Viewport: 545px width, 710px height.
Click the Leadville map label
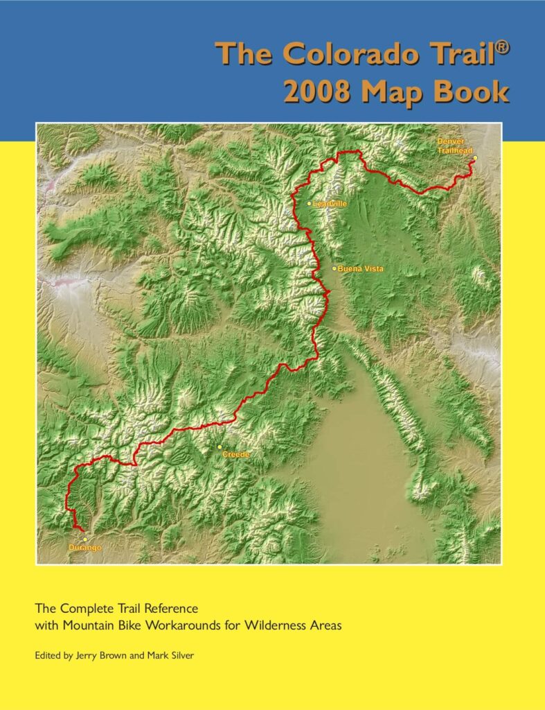(330, 204)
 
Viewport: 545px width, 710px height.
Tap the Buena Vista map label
(360, 268)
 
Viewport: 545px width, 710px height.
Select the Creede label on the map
(236, 454)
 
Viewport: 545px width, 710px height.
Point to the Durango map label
(85, 548)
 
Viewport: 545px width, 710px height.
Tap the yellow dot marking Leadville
(310, 204)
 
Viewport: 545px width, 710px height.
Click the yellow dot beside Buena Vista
(334, 268)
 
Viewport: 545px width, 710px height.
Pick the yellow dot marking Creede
(220, 448)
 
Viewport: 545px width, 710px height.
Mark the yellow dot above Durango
(84, 539)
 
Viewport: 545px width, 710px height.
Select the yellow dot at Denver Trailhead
(475, 158)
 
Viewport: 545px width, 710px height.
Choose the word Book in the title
(477, 92)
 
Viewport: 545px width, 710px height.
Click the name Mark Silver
(170, 655)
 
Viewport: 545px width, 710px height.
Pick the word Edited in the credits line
(48, 655)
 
